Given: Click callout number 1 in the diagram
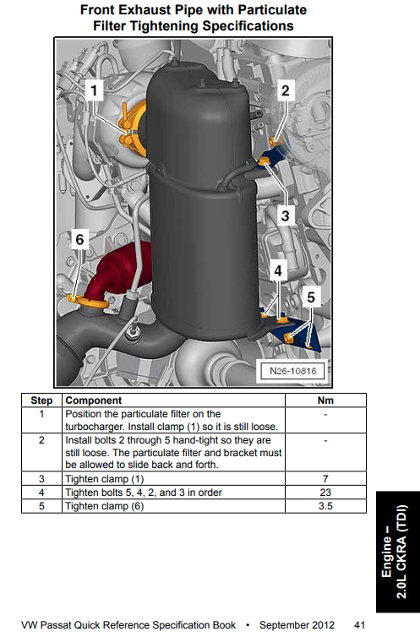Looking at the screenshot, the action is click(94, 90).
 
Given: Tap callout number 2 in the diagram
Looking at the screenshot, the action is click(286, 90).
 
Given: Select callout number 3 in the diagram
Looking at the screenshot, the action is click(285, 215).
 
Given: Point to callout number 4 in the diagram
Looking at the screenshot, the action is click(278, 270).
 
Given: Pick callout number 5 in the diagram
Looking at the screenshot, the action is click(311, 297).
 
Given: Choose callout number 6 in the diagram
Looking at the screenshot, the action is click(79, 239).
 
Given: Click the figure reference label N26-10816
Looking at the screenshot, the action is click(293, 371).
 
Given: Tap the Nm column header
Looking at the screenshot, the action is click(325, 400).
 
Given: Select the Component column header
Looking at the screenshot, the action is click(94, 400).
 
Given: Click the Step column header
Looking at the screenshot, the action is click(41, 400).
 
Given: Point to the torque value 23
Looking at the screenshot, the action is click(325, 493).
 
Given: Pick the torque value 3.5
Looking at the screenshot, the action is click(325, 506).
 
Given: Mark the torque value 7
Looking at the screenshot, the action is click(325, 479).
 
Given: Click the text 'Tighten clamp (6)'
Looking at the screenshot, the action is click(105, 506).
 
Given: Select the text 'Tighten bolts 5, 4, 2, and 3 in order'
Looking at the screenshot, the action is click(144, 493).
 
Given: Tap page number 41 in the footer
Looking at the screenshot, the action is click(359, 625).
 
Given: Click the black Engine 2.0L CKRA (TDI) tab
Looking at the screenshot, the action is click(398, 552).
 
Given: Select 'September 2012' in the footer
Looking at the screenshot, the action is click(297, 625).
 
